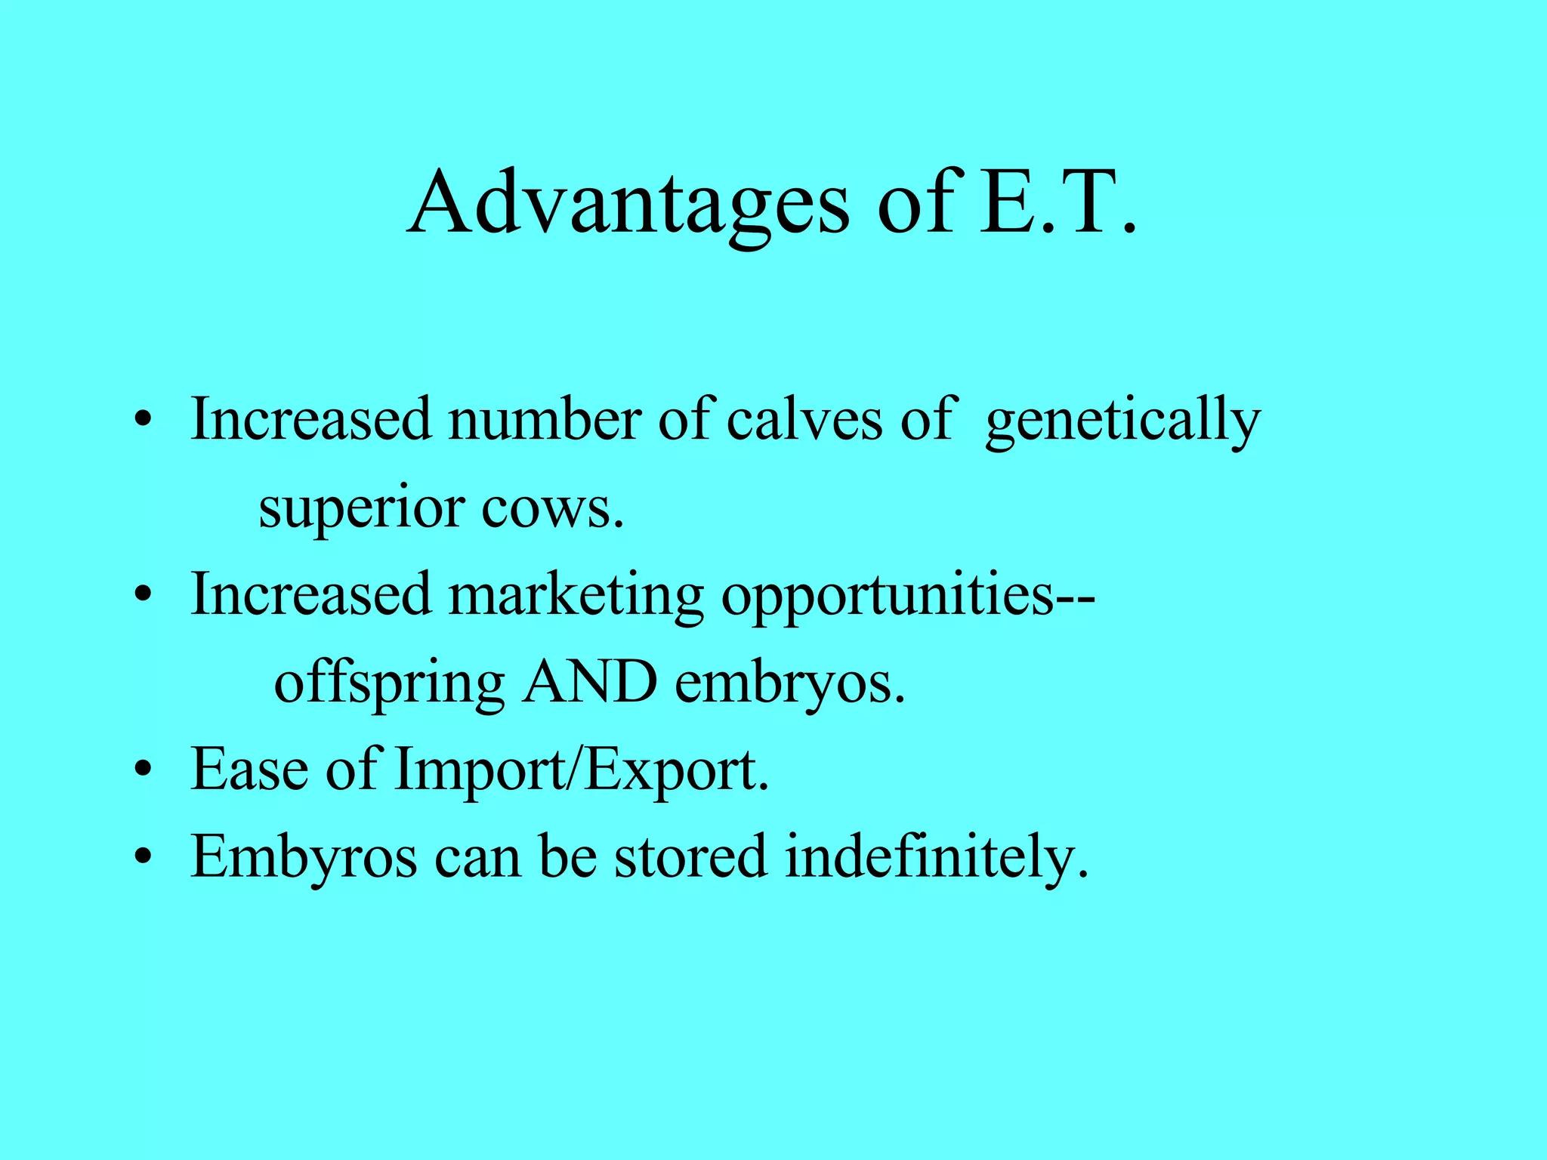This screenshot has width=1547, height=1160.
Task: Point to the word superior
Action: (360, 509)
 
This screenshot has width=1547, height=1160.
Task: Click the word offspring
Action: (388, 684)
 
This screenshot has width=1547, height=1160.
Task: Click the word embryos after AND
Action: (789, 684)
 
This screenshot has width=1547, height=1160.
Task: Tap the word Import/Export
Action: (582, 770)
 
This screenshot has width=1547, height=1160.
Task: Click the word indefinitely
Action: (937, 858)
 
